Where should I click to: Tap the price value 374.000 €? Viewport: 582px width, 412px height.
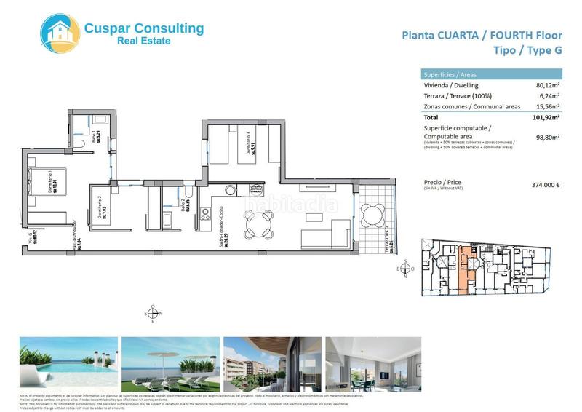coord(546,184)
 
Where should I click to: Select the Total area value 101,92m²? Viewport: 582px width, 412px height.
coord(544,116)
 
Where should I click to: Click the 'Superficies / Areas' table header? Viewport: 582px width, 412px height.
coord(450,74)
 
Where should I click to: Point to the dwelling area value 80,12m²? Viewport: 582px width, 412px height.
coord(546,85)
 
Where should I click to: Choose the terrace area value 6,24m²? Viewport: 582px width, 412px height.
coord(549,95)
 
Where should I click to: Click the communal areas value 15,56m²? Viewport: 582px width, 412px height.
coord(546,106)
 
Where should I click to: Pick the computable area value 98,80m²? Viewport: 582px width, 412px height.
coord(546,136)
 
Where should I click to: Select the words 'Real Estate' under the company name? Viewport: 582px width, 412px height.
coord(144,41)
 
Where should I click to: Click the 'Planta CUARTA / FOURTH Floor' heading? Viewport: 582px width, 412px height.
coord(482,34)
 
